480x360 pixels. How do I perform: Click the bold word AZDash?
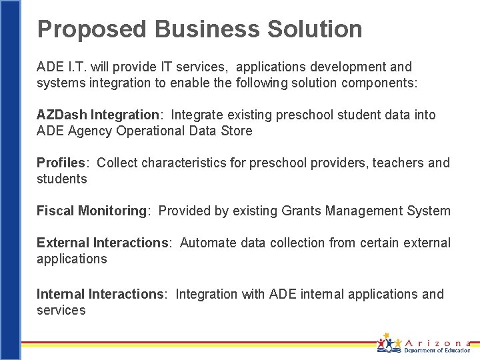click(62, 115)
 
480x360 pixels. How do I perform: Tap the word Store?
click(237, 131)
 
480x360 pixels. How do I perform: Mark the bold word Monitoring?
click(112, 211)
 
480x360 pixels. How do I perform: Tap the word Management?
click(366, 211)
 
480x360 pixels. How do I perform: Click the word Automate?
click(207, 243)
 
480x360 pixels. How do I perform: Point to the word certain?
click(383, 243)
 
